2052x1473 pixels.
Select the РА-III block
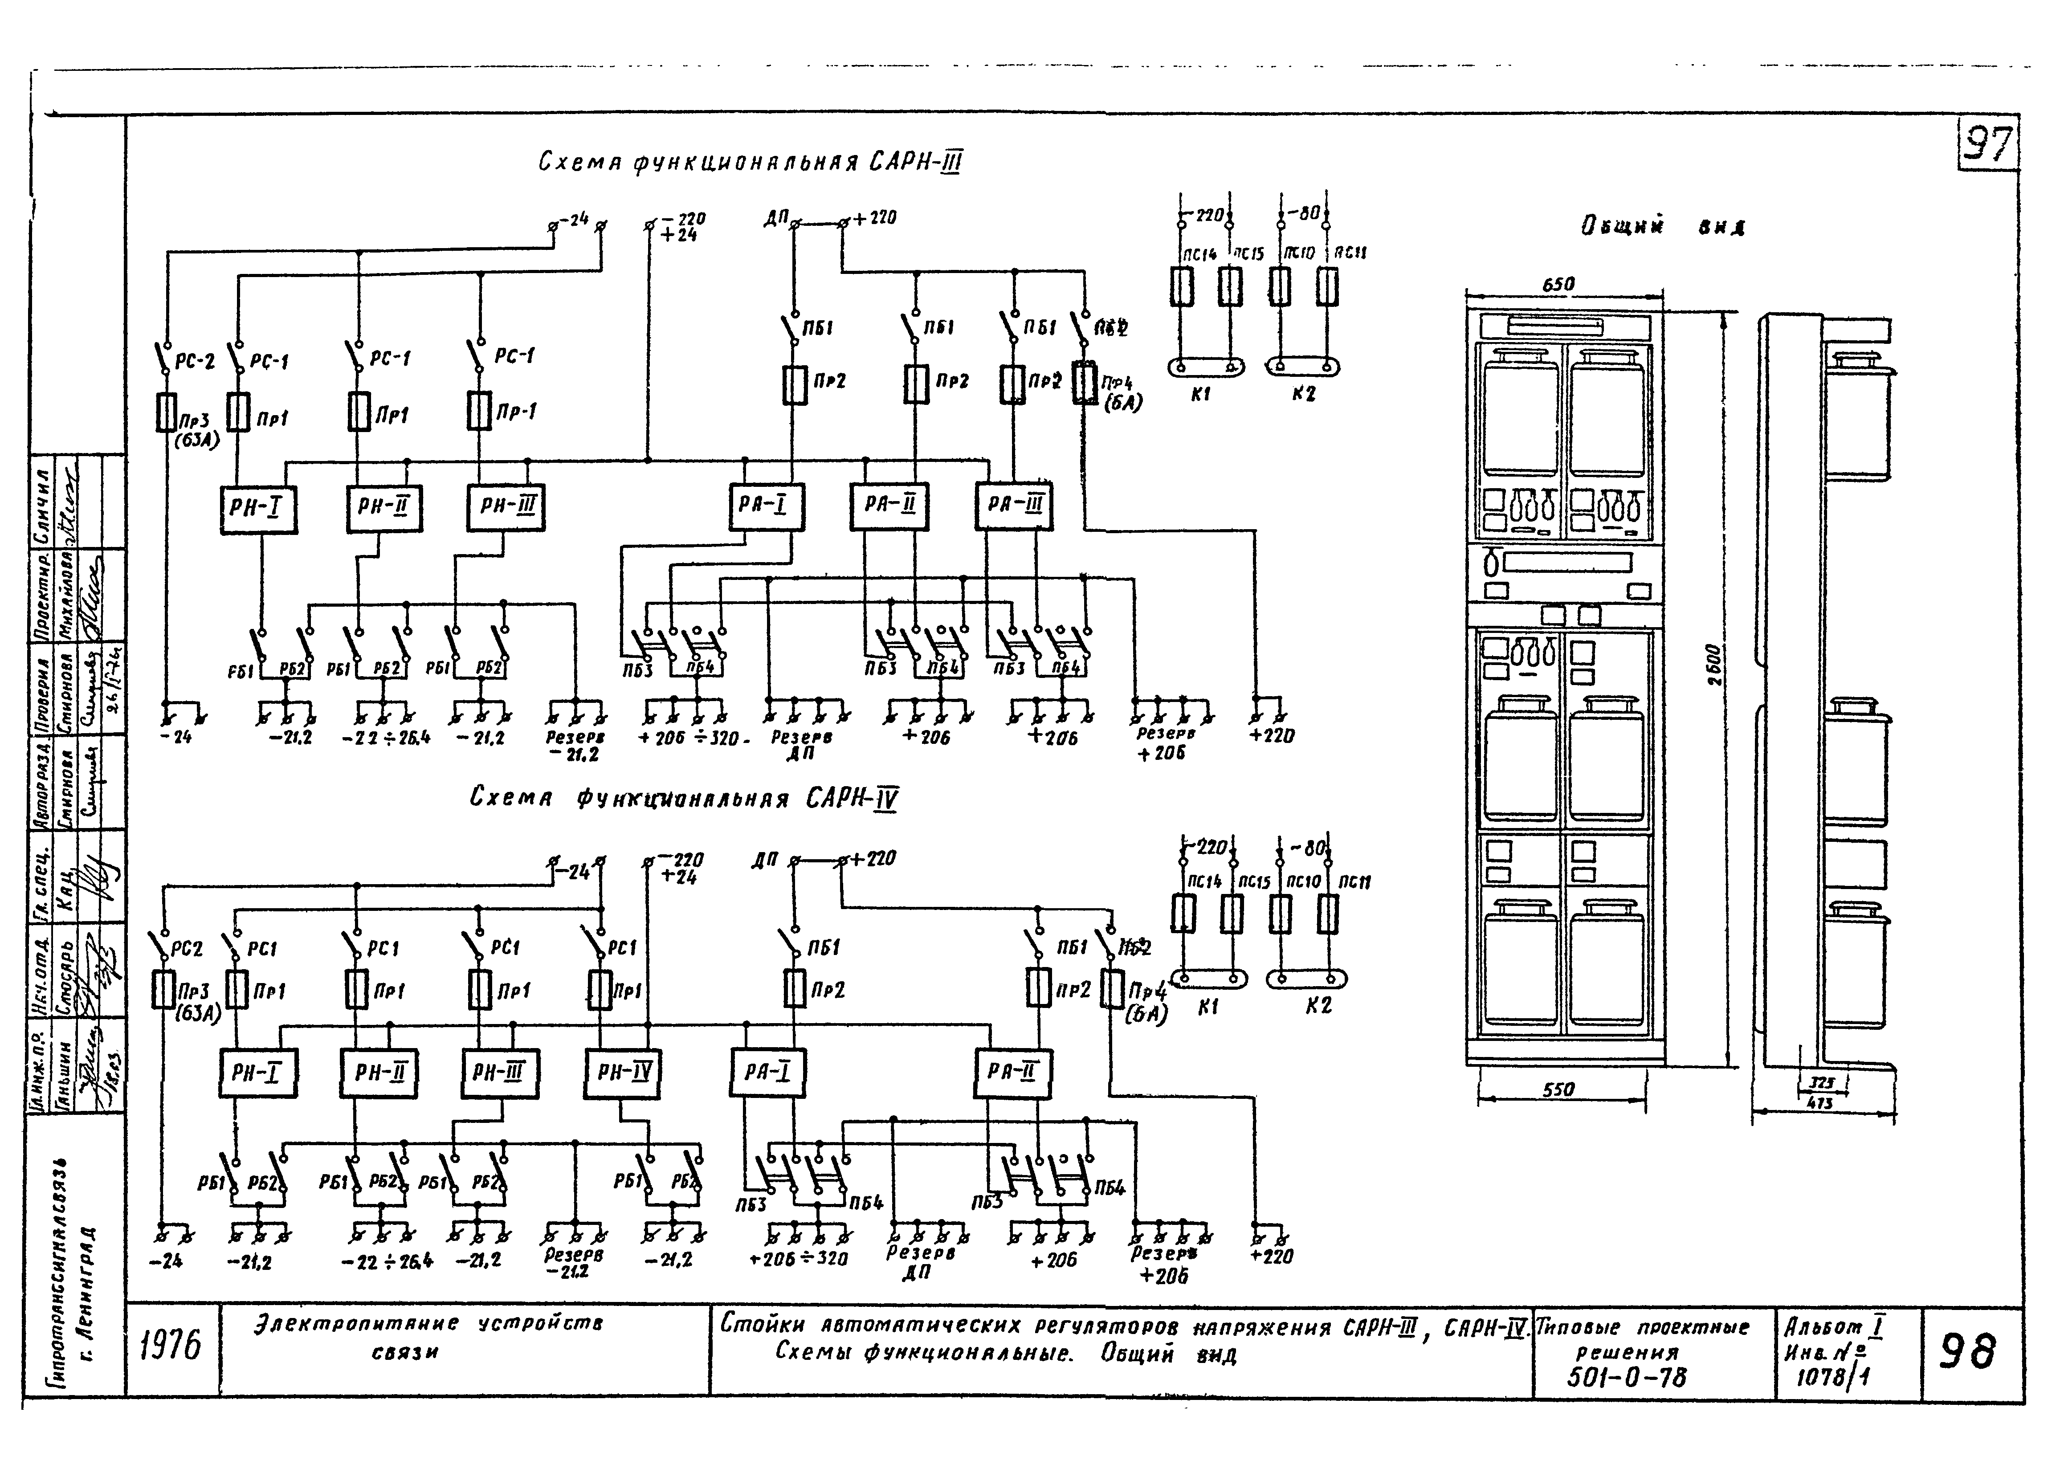click(x=1014, y=506)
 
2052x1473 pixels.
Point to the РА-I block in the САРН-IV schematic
click(x=767, y=1073)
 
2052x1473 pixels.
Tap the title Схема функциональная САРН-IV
click(x=685, y=799)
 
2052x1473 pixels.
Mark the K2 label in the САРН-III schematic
click(x=1303, y=395)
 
